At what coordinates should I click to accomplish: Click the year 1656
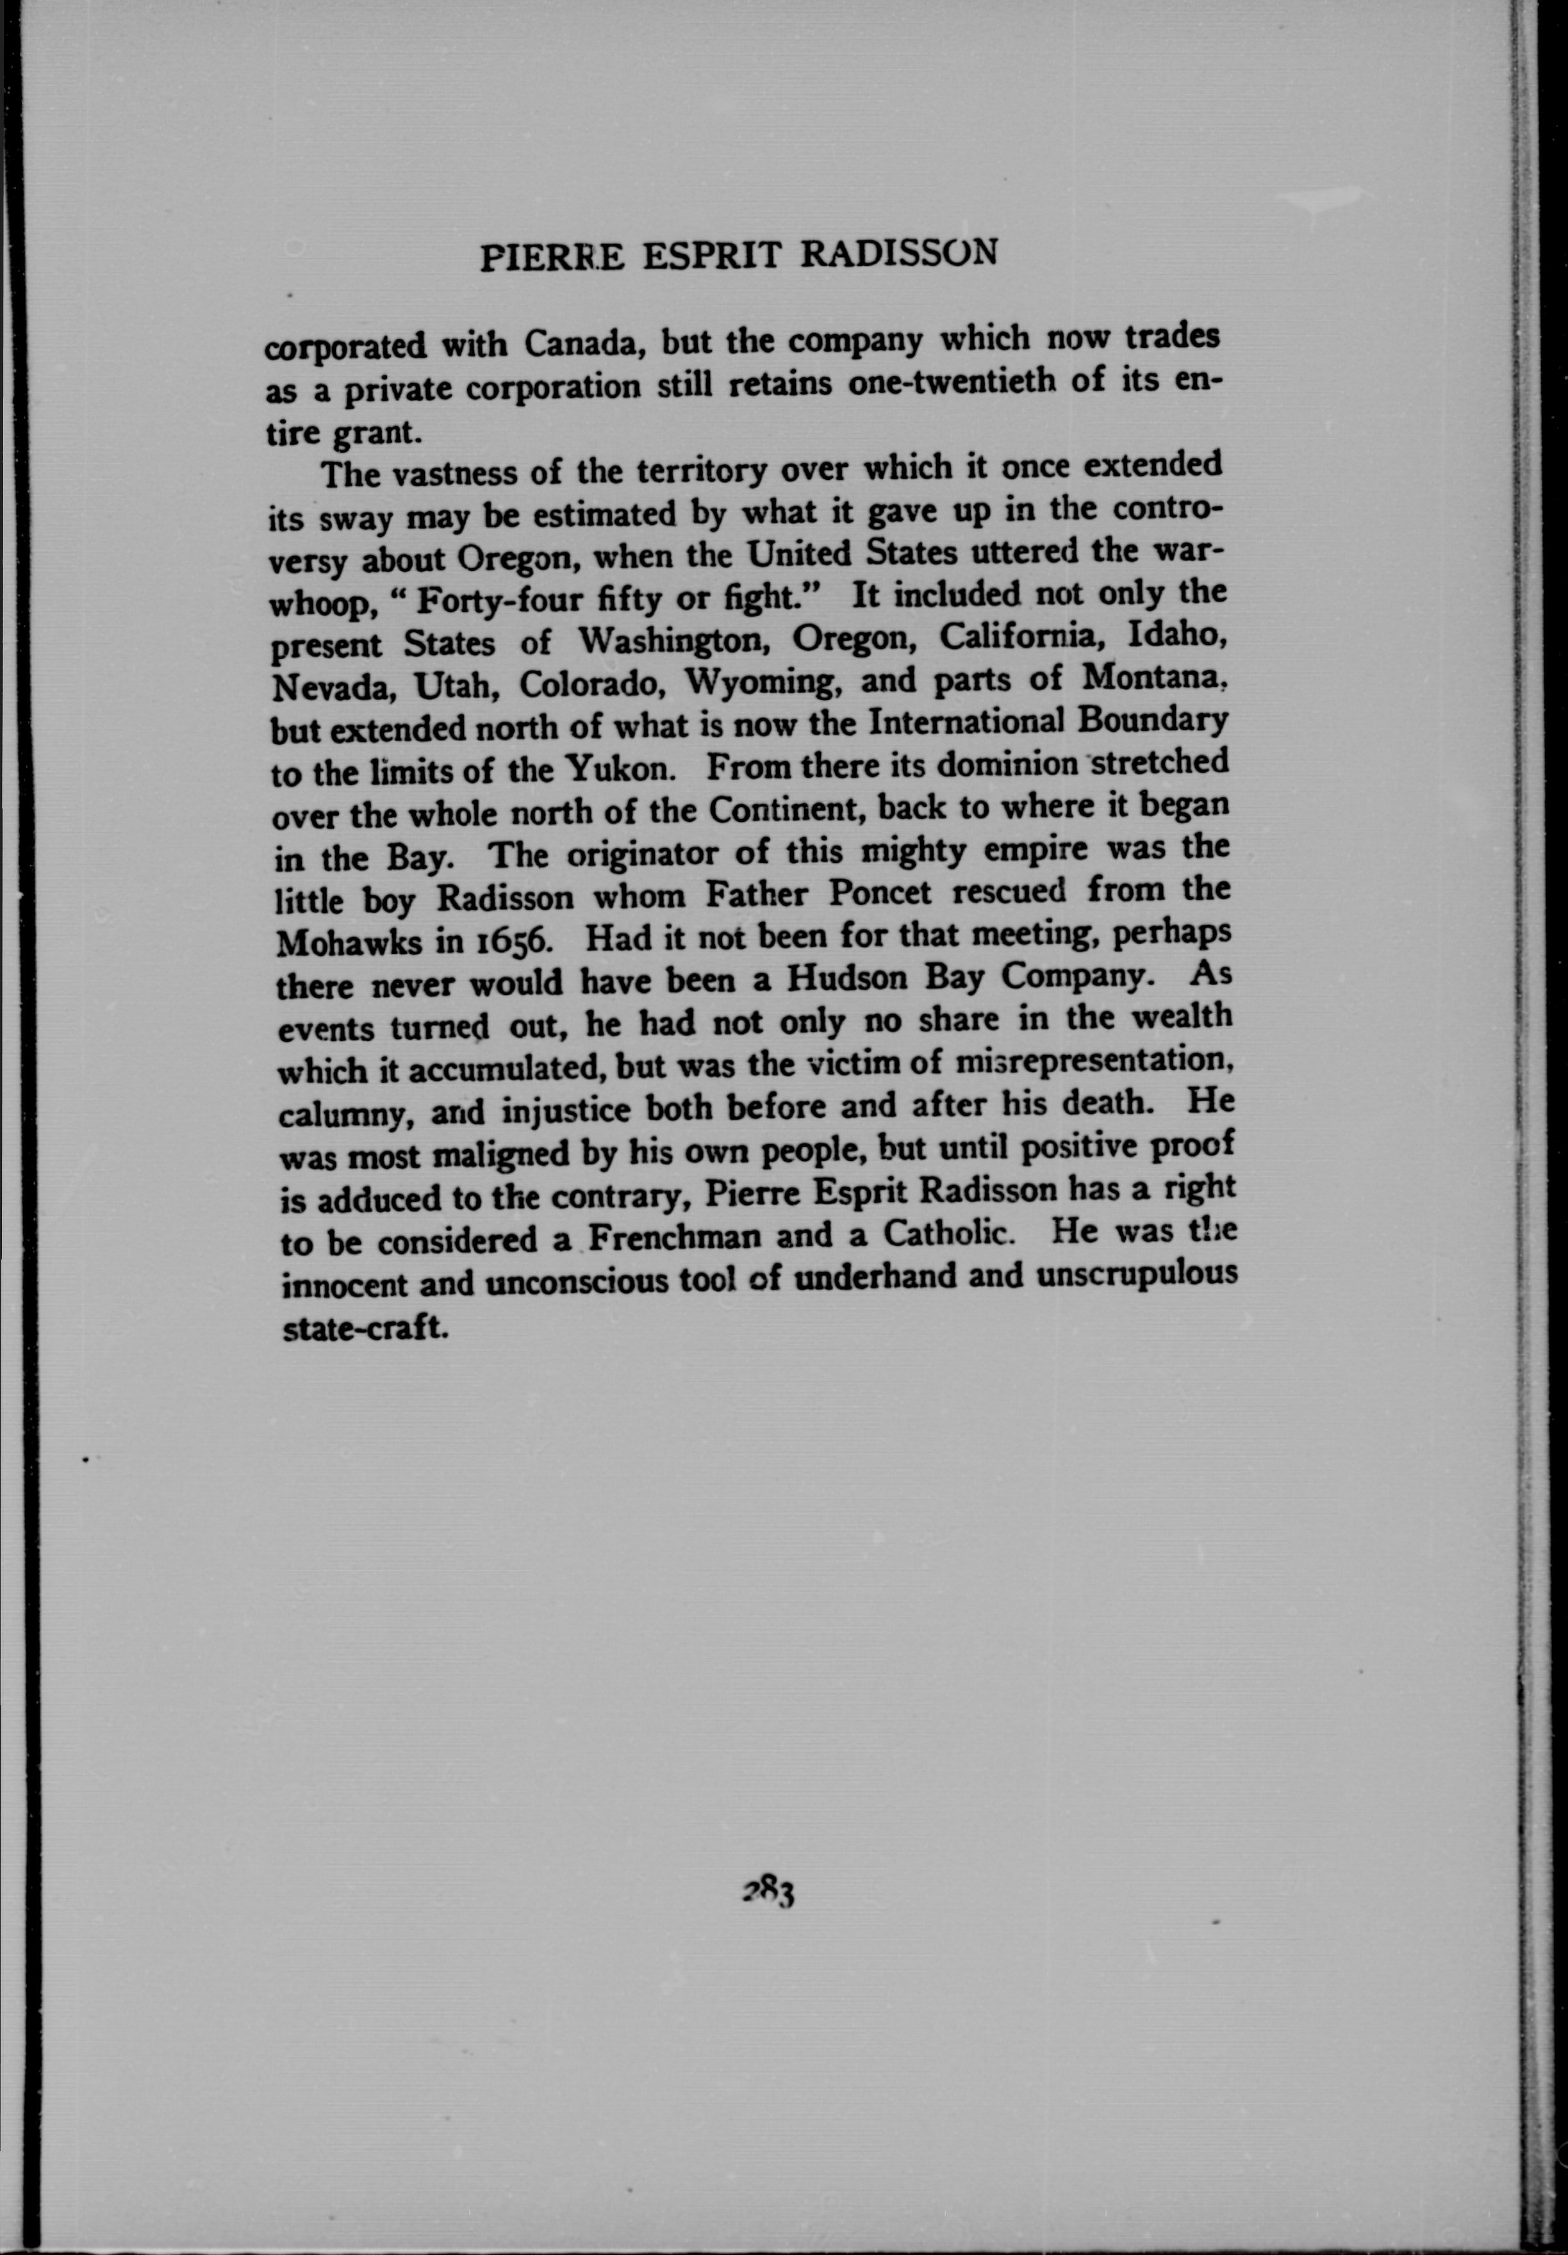[x=516, y=940]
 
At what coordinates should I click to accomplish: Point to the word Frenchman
[x=676, y=1236]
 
